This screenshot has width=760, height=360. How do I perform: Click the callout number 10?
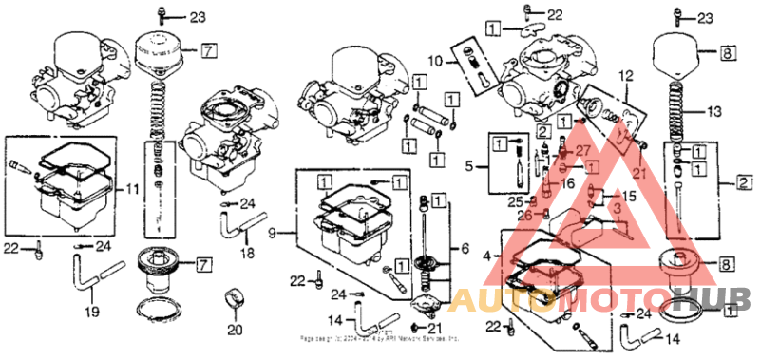point(434,61)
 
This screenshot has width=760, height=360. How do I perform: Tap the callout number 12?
point(625,74)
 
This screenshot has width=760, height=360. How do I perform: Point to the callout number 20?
point(235,330)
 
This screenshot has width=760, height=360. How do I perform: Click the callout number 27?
point(582,151)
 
